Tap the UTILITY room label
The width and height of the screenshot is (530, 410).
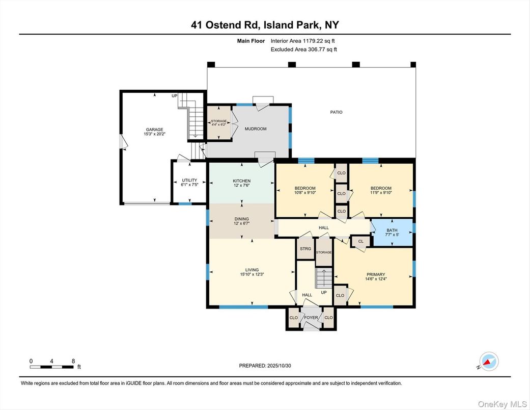[189, 180]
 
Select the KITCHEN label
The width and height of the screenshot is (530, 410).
[241, 181]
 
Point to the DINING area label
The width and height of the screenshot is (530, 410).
[241, 219]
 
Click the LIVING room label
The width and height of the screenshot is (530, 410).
[252, 270]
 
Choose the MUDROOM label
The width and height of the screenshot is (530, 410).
[256, 129]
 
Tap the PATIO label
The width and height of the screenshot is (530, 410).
[336, 112]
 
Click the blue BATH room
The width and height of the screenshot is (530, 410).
[392, 233]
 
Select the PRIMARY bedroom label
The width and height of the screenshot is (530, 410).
[376, 274]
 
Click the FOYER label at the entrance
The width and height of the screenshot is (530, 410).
[311, 318]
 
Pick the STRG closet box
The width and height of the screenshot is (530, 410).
[305, 249]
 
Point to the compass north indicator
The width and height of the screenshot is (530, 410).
[488, 362]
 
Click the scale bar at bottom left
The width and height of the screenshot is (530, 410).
[52, 363]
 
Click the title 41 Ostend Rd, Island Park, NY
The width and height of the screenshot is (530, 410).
[265, 24]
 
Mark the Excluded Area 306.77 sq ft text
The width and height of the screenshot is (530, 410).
[303, 49]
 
